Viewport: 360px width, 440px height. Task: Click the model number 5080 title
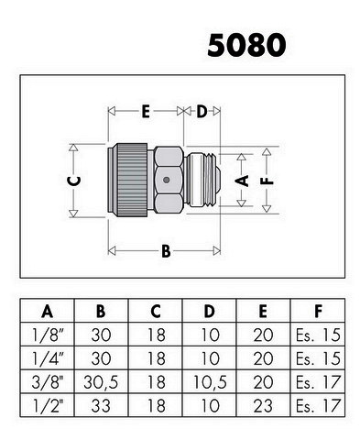pos(246,46)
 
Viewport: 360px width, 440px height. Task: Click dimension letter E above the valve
pos(146,111)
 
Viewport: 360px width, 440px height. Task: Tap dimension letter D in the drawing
pos(202,111)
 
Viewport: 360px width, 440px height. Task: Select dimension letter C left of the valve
pos(74,181)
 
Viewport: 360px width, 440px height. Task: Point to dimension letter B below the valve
pos(166,251)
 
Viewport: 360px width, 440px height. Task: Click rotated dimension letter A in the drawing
pos(242,181)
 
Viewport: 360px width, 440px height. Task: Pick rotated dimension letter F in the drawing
pos(267,181)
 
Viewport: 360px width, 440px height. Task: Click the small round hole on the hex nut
pos(166,180)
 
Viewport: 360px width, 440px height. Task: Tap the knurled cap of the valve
pos(132,181)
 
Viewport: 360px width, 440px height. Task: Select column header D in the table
pos(209,312)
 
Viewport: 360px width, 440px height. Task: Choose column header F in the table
pos(318,312)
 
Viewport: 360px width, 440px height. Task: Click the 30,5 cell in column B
pos(101,382)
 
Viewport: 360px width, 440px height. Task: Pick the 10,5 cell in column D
pos(210,382)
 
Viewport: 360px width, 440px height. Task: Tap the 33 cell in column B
pos(101,406)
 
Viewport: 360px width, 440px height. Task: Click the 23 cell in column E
pos(263,406)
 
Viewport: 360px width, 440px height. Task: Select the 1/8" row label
pos(48,335)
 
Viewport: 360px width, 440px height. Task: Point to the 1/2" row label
pos(48,406)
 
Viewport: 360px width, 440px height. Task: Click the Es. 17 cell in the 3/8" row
pos(318,382)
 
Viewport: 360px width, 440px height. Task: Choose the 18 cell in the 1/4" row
pos(157,358)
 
